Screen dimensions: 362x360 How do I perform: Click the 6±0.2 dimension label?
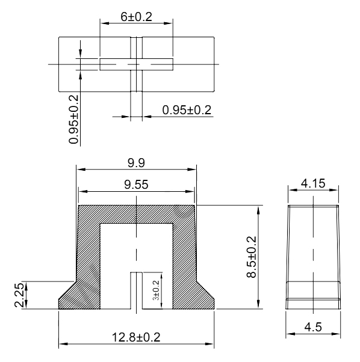[136, 17]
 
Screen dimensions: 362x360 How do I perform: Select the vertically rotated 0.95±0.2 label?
[74, 119]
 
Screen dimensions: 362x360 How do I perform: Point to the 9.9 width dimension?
[136, 162]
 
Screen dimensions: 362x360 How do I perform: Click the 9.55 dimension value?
[137, 185]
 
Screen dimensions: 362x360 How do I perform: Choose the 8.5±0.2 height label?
[251, 257]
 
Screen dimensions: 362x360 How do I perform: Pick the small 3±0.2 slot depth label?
[156, 291]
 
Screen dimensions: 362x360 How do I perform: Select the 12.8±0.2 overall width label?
[136, 337]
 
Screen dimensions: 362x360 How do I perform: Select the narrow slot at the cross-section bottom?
[137, 292]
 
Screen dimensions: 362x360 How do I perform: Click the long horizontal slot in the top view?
[136, 64]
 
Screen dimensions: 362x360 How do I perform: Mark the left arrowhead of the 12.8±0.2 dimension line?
[62, 345]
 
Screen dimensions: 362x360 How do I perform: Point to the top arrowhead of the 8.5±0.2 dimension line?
[259, 209]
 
